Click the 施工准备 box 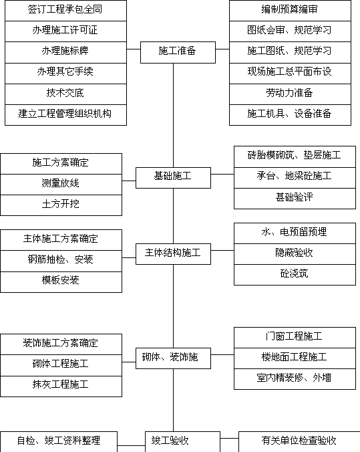pos(178,52)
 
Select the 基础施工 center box pos(173,178)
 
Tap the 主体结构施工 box pos(173,254)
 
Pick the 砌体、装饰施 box pos(173,358)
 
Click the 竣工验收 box pos(182,441)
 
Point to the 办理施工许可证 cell pos(65,31)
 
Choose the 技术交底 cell pos(65,94)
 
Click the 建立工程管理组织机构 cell pos(65,115)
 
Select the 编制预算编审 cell pos(290,11)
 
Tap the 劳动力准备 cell pos(290,94)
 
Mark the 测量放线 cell pos(61,185)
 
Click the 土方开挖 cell pos(61,205)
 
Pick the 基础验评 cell pos(295,199)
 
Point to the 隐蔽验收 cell pos(295,254)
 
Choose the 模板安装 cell pos(61,282)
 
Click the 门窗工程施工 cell pos(295,338)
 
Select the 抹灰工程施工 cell pos(61,386)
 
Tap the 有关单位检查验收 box pos(299,441)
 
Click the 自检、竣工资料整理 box pos(59,441)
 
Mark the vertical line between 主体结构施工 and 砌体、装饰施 pos(173,306)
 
